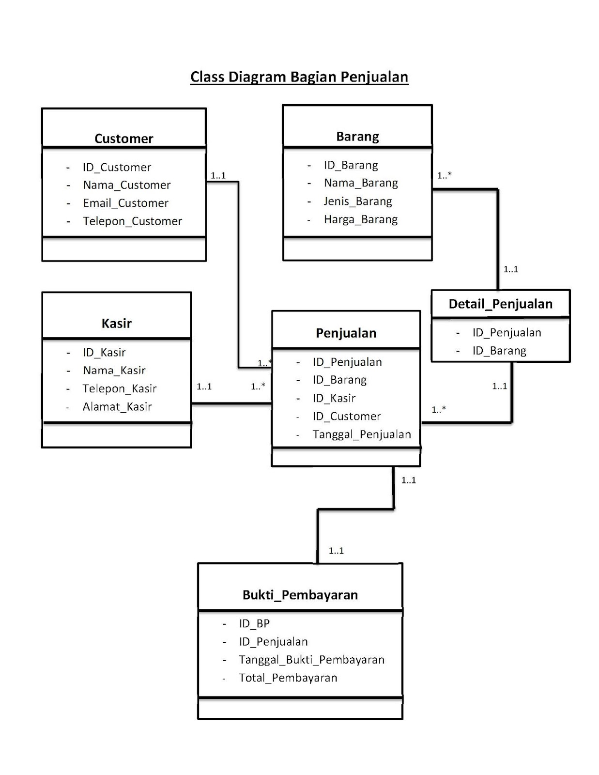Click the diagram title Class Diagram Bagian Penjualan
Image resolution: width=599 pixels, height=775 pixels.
[299, 77]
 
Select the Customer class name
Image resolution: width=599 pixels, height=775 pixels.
[123, 139]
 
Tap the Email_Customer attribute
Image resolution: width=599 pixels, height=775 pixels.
[125, 203]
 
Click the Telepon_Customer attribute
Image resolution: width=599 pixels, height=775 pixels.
[132, 221]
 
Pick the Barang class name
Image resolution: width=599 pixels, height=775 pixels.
[357, 137]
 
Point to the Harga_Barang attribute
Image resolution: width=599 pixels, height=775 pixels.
[360, 219]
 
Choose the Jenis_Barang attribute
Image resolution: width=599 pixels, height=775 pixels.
[358, 201]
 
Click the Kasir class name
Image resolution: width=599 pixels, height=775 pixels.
[116, 324]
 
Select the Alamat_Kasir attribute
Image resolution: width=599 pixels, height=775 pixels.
[117, 407]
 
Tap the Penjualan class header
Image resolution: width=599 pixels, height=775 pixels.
[346, 333]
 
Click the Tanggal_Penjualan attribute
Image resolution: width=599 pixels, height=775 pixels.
[361, 434]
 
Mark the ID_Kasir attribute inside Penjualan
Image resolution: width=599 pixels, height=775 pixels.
[334, 398]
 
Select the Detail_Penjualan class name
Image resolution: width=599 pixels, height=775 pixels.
[500, 304]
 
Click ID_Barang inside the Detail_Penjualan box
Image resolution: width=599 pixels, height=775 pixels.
[499, 351]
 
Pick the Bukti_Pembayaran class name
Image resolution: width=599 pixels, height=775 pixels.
[300, 595]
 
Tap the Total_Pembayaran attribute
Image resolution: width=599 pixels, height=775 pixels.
[288, 678]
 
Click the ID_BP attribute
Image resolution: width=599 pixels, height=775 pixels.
[254, 624]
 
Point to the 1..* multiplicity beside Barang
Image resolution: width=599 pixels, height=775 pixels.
[444, 176]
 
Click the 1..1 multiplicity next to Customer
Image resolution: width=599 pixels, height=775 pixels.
[218, 176]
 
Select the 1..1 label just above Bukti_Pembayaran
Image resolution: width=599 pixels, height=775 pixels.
[336, 551]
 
